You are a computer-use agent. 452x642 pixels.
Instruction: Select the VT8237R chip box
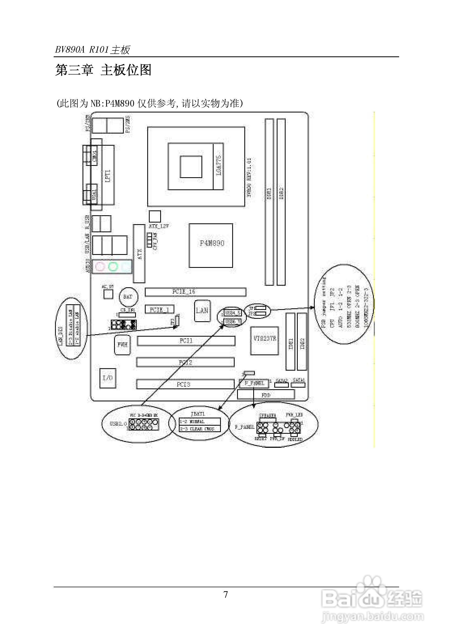[264, 340]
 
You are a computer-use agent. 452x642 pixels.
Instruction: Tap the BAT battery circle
[128, 297]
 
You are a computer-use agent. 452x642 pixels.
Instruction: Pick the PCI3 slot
[185, 384]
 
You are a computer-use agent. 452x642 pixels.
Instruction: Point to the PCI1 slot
[186, 341]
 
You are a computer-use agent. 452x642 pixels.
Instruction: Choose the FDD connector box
[266, 395]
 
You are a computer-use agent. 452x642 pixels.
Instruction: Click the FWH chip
[122, 345]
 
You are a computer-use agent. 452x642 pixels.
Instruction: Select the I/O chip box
[108, 378]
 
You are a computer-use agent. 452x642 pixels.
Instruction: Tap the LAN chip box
[202, 311]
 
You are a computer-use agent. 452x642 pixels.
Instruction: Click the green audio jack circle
[113, 267]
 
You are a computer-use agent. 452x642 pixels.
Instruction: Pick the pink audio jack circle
[100, 267]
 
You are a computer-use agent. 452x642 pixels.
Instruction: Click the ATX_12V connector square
[155, 216]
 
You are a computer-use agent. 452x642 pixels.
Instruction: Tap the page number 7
[225, 594]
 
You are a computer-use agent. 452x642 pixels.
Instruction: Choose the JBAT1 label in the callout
[198, 414]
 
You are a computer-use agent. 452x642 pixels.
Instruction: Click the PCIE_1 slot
[159, 309]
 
